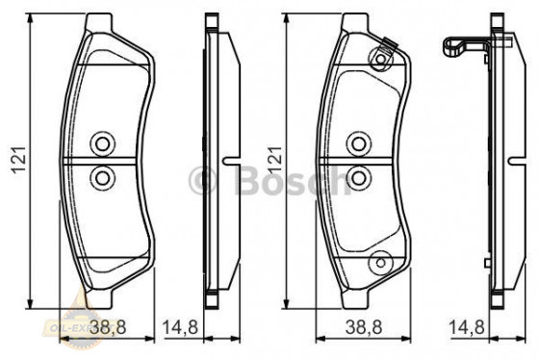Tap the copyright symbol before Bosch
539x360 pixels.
coord(204,180)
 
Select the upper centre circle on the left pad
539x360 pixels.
coord(101,143)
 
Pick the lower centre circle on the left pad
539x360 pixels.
coord(101,176)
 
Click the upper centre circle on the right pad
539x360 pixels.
coord(357,143)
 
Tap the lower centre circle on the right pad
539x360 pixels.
coord(357,176)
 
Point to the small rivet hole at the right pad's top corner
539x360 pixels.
coord(384,57)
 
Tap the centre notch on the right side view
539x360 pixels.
coord(511,160)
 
